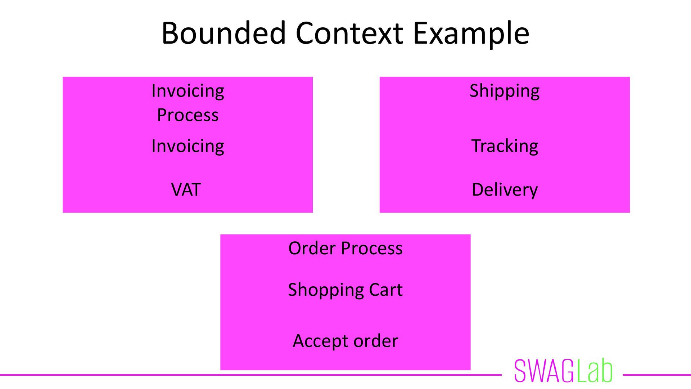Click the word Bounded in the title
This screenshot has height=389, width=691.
point(223,33)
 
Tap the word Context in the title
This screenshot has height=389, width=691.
point(349,33)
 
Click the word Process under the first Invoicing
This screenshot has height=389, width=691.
point(188,115)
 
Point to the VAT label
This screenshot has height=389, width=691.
point(186,190)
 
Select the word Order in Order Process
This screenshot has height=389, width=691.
point(312,249)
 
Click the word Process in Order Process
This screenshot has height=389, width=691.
point(371,249)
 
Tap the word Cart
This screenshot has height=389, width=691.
point(385,290)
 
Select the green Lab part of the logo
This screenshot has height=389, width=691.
point(594,371)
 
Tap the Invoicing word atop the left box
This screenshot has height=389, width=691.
point(188,91)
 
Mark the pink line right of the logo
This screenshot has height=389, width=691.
point(656,375)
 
